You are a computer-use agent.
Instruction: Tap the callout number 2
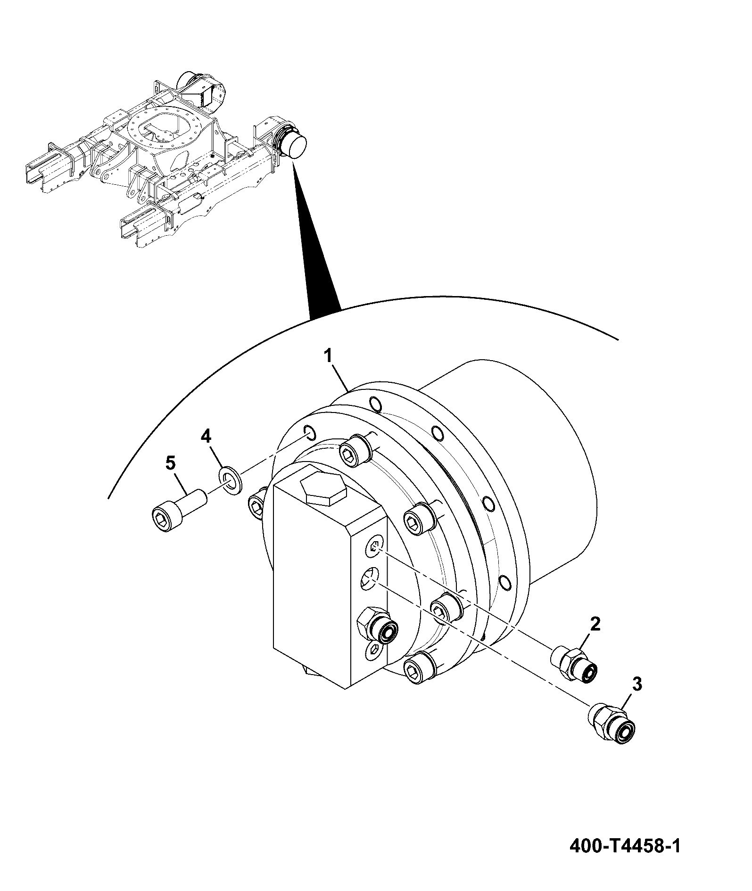[595, 625]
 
